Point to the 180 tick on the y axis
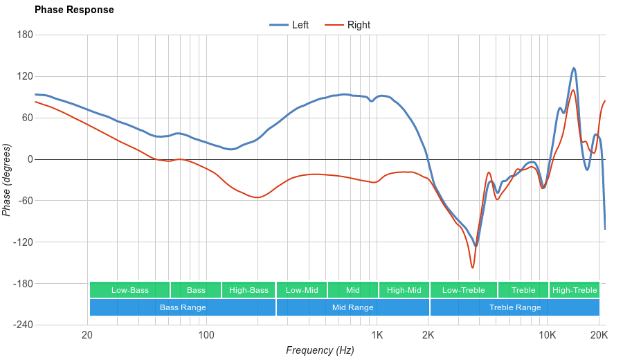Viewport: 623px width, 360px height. click(24, 35)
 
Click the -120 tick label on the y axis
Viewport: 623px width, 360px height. click(23, 242)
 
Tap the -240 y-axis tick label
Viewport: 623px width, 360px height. click(23, 325)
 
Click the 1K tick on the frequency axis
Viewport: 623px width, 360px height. click(377, 336)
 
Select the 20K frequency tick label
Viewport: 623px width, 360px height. click(599, 336)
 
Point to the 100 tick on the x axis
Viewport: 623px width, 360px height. click(206, 336)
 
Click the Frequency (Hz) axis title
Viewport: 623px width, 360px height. click(320, 350)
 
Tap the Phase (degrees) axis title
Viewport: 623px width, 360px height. click(7, 180)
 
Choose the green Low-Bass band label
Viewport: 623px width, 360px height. click(129, 290)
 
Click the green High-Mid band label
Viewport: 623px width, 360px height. click(404, 290)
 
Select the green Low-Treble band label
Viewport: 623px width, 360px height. click(462, 290)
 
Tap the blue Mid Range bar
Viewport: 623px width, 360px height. click(352, 307)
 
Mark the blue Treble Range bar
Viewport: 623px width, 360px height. click(514, 307)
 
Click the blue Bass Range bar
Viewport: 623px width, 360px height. click(182, 307)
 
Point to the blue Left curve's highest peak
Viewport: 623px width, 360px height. click(574, 68)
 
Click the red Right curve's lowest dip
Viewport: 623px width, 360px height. click(472, 268)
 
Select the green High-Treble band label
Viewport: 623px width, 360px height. click(574, 290)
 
